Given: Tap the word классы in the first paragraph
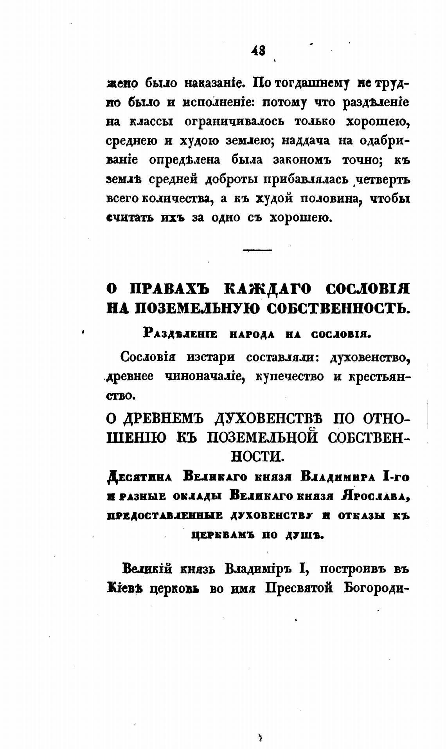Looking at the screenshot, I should tap(151, 122).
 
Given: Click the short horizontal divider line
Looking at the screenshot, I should tap(257, 250).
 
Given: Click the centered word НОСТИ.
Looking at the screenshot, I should tap(257, 456).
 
